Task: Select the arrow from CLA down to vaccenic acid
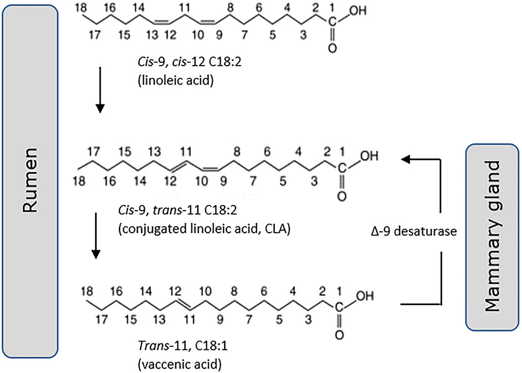pyautogui.click(x=95, y=236)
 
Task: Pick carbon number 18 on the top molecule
pyautogui.click(x=81, y=8)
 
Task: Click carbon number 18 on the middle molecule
pyautogui.click(x=81, y=181)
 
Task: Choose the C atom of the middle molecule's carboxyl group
pyautogui.click(x=342, y=169)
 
